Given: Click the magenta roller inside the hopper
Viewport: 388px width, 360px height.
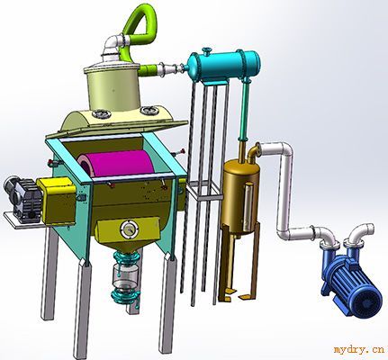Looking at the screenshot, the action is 117,164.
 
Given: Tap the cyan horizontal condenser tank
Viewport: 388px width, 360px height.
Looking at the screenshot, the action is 222,66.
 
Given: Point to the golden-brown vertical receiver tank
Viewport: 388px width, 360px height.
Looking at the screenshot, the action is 241,196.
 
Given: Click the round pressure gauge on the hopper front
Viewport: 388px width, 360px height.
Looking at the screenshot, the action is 129,229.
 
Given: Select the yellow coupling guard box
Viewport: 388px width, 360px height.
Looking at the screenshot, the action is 57,201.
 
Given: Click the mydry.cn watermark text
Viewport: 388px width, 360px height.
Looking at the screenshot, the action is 358,349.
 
